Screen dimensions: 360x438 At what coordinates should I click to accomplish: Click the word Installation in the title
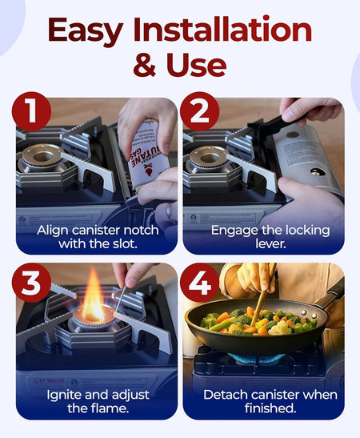(222, 30)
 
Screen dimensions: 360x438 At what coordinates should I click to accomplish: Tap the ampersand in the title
(144, 65)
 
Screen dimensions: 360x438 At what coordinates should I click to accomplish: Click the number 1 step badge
(31, 111)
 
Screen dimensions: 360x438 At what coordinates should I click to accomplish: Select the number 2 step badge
(199, 111)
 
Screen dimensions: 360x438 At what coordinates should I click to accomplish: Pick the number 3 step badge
(31, 282)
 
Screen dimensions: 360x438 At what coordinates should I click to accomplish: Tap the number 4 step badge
(199, 282)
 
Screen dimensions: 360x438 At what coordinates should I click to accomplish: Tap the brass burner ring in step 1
(42, 156)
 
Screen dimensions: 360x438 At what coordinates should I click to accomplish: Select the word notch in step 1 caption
(141, 231)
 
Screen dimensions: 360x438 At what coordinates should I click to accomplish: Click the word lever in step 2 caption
(270, 244)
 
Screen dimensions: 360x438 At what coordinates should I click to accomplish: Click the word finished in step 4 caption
(270, 408)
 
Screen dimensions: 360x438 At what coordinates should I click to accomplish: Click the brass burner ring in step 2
(209, 158)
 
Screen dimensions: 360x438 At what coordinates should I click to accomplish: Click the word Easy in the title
(86, 31)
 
